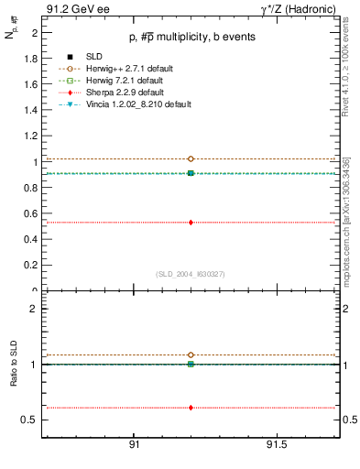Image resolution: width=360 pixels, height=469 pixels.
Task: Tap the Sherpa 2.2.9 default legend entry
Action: (x=113, y=93)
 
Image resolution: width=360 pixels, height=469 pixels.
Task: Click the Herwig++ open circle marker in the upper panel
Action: (x=191, y=159)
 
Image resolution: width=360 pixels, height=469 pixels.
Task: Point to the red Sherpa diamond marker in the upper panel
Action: (x=191, y=222)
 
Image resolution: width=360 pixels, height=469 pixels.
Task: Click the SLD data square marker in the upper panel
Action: (x=191, y=172)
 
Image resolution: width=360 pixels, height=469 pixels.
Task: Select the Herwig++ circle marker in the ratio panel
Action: (x=191, y=354)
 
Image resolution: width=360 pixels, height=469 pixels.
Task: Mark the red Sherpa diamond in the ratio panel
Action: (x=191, y=408)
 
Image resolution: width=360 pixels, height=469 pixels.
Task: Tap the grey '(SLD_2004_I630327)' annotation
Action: (x=191, y=274)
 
